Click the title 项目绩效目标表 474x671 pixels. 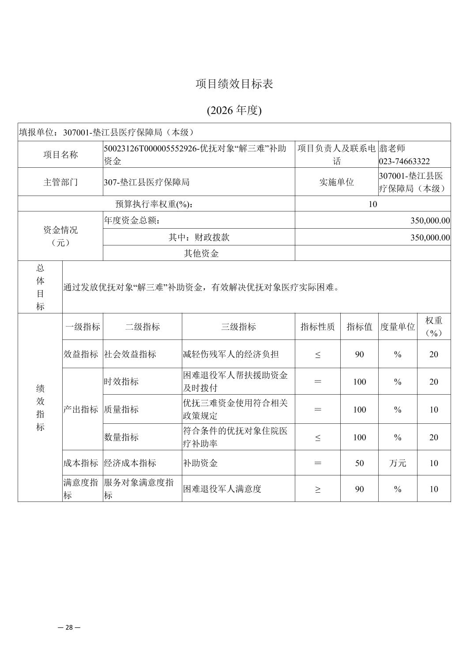pos(234,84)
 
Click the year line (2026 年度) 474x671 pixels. pos(234,110)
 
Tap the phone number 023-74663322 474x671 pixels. pos(404,161)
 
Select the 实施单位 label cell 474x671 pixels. pos(336,182)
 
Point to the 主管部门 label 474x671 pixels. pos(60,182)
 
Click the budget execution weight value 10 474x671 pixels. pos(372,204)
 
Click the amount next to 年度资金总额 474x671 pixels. pos(430,220)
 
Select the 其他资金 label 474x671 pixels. pos(201,253)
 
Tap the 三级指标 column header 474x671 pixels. pos(238,327)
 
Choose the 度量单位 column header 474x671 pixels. pos(397,327)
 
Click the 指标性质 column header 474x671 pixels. pos(317,327)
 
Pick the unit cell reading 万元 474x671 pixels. pos(397,463)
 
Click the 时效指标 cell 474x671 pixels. pos(121,381)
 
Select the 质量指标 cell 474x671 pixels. pos(121,409)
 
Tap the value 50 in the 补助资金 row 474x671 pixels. pos(359,463)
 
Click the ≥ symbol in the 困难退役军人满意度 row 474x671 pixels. pos(318,489)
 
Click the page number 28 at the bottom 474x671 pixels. pos(69,627)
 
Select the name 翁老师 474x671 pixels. pos(392,148)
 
